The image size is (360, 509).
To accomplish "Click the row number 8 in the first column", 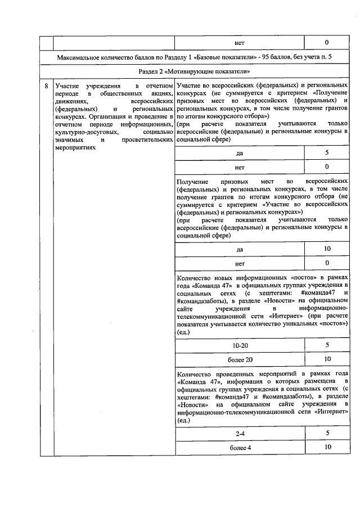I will pyautogui.click(x=46, y=85).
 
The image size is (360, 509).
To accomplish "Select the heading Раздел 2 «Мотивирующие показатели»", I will pyautogui.click(x=194, y=72).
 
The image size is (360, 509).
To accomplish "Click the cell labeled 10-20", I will pyautogui.click(x=239, y=344).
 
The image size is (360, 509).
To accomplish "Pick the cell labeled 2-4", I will pyautogui.click(x=239, y=433).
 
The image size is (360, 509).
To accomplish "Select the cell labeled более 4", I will pyautogui.click(x=239, y=447).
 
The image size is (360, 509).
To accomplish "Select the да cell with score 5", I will pyautogui.click(x=239, y=153).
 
